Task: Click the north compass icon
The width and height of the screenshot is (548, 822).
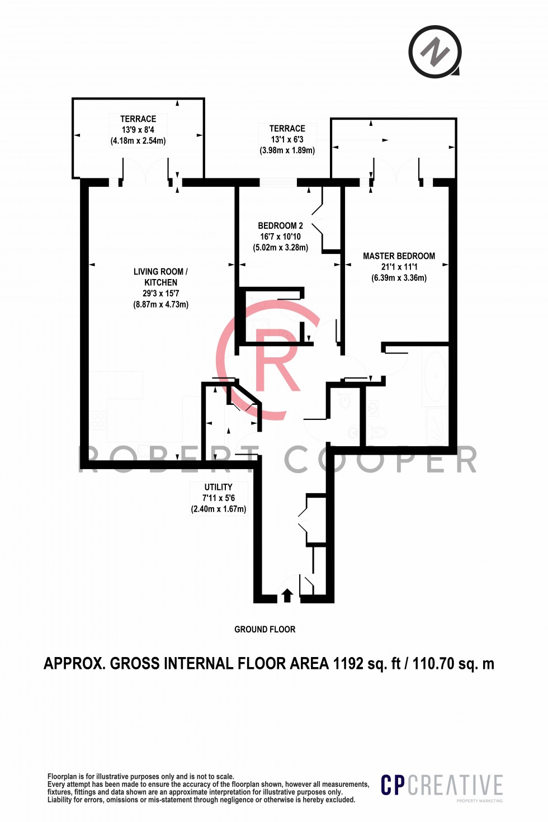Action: pos(435,52)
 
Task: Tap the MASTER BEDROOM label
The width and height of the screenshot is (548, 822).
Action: pos(399,256)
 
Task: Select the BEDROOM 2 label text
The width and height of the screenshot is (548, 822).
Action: pos(280,226)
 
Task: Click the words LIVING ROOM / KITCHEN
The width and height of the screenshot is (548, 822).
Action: pos(160,277)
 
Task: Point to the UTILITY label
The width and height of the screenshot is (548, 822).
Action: pos(218,487)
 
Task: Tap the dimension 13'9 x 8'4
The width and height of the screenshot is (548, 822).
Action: pos(138,130)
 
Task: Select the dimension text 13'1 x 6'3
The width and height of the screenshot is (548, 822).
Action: pos(287,139)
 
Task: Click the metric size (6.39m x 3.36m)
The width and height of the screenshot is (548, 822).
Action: pos(399,278)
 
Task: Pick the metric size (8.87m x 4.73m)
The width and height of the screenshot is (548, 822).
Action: pos(160,305)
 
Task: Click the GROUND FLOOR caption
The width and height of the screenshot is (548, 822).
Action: pos(264,629)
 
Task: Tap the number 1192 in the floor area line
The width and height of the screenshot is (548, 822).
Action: pos(348,664)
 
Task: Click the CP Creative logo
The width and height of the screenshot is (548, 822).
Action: pos(442,786)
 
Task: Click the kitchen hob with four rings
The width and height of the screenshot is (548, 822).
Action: pos(98,420)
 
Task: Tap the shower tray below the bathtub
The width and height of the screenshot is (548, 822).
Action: pos(436,426)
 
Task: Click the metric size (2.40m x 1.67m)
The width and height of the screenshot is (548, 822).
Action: pos(218,509)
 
